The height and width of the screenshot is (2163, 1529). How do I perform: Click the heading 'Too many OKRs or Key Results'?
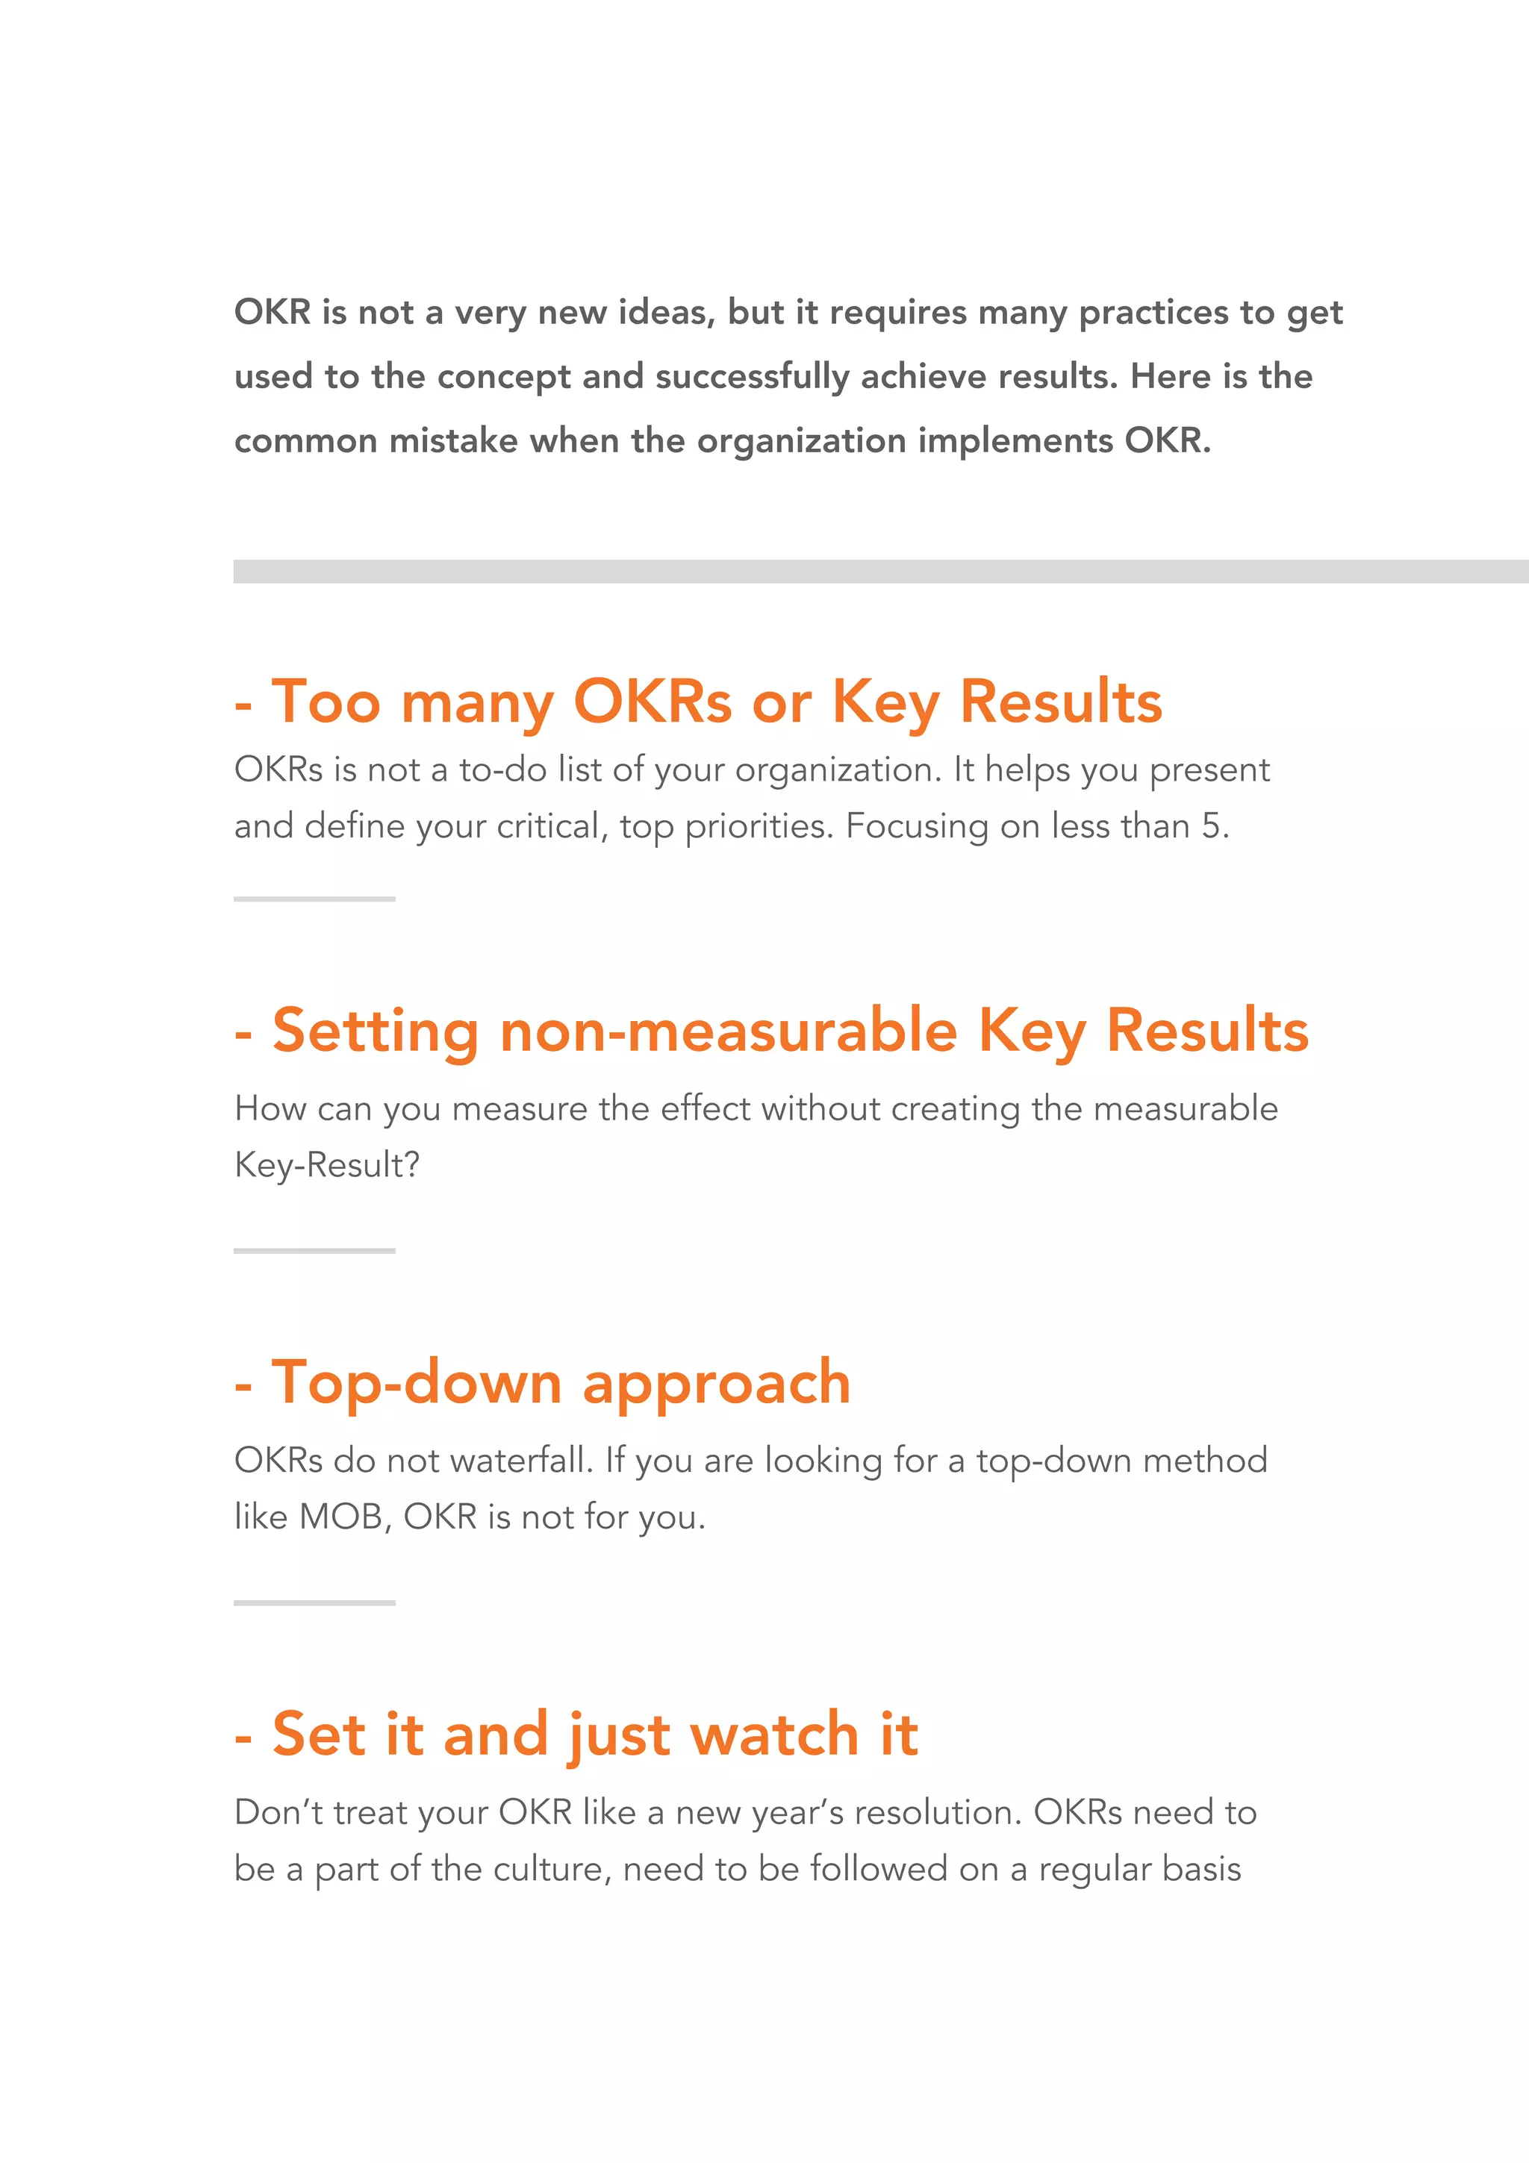716,703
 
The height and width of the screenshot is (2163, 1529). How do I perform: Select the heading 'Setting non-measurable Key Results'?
789,1031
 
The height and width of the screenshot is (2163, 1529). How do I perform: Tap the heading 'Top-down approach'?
561,1383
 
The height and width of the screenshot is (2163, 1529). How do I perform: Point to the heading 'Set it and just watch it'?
594,1735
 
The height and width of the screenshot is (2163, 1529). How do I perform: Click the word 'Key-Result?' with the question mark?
327,1165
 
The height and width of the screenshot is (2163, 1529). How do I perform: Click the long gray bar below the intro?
880,572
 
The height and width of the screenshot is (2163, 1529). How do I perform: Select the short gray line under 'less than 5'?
314,899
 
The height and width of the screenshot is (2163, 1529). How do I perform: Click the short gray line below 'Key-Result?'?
314,1250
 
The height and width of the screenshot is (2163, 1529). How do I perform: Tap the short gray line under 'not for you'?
314,1602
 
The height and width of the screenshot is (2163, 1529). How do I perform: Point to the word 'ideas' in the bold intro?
665,312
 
